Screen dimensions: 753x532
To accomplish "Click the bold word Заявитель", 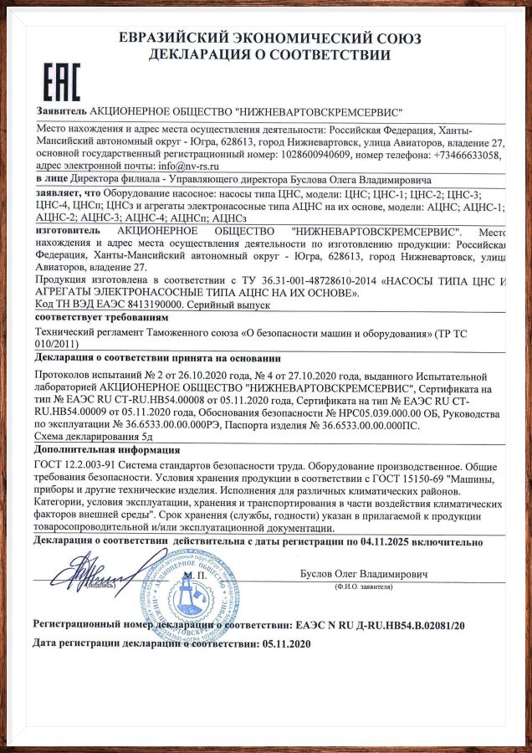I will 61,111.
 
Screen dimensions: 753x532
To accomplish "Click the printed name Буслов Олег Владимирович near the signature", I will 365,575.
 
